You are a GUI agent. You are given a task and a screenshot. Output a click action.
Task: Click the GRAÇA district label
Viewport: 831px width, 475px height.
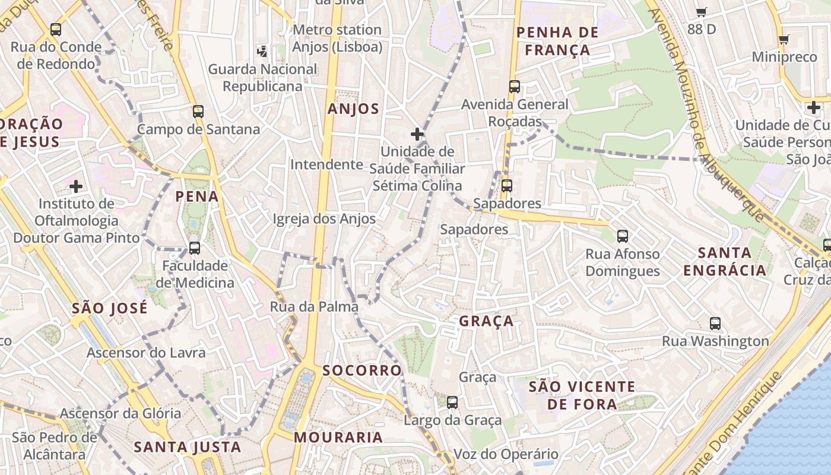point(486,321)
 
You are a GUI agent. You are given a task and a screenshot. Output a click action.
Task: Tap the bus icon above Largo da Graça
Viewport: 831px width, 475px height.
point(452,403)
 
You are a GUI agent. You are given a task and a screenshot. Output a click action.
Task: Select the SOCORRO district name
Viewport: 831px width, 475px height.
point(361,370)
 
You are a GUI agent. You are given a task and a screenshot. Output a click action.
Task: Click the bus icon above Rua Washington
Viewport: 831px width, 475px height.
point(715,324)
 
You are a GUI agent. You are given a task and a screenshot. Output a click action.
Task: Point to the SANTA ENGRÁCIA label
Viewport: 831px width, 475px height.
point(724,262)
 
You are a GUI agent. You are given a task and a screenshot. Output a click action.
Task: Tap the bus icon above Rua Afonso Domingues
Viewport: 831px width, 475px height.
point(622,236)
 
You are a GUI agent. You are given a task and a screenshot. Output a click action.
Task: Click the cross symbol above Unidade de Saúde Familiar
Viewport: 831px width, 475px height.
point(417,134)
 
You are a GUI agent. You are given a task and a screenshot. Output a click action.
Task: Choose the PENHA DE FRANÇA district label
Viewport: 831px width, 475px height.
point(557,41)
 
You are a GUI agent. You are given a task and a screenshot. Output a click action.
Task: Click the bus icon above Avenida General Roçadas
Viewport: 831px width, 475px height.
point(515,87)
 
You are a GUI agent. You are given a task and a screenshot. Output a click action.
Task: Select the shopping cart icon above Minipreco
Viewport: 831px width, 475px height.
point(784,40)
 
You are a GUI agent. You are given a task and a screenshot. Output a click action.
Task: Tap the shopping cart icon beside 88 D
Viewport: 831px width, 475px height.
point(701,11)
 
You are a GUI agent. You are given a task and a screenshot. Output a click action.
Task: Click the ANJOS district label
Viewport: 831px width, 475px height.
point(353,109)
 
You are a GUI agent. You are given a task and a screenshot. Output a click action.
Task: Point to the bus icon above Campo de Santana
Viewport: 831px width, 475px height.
point(198,112)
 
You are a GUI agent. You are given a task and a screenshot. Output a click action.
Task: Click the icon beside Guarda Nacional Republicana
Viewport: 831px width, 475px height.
point(262,52)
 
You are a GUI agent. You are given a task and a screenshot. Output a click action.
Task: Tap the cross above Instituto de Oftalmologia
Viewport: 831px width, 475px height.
point(76,186)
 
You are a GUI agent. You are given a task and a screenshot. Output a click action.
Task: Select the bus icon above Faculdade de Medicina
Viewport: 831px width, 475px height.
point(195,248)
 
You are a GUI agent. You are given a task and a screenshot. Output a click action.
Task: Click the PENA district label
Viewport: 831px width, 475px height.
point(197,197)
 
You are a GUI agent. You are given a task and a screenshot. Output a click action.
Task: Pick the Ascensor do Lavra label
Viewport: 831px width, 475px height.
point(146,353)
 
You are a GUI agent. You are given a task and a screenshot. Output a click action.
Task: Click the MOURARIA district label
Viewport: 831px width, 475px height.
point(338,438)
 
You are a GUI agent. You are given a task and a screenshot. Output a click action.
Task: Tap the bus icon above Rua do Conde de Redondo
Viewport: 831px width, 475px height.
point(56,29)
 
